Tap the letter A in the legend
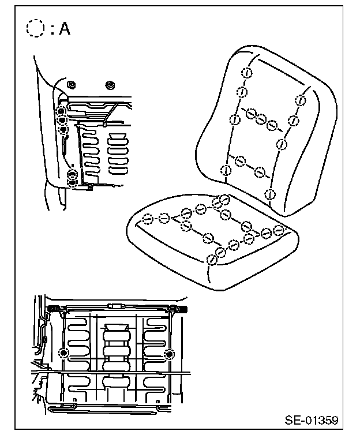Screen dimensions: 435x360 (x=64, y=29)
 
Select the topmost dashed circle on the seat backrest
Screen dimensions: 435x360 (x=246, y=73)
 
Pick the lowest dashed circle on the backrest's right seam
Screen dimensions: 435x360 (x=269, y=193)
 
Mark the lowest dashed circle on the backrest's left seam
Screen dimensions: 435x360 (x=226, y=170)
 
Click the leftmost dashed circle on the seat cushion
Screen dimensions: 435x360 (x=148, y=219)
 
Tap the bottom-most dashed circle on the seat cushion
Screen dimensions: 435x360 (x=212, y=259)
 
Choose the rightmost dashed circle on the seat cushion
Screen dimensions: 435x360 (x=279, y=230)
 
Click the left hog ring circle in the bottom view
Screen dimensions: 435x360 (x=65, y=353)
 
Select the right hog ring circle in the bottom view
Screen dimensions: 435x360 (x=169, y=353)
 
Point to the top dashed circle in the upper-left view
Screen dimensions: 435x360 (x=60, y=111)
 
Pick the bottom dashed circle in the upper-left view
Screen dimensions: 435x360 (x=73, y=183)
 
